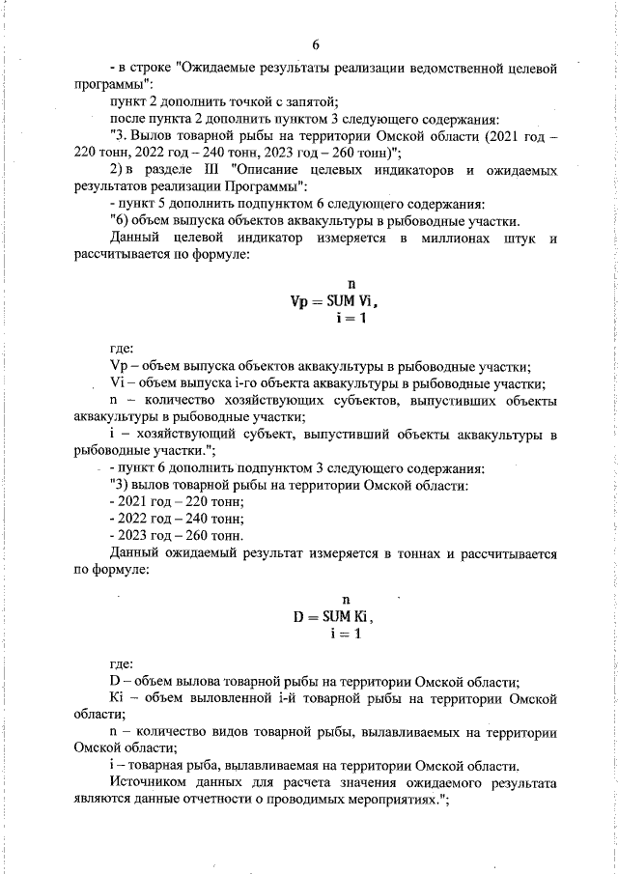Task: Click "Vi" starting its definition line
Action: coord(119,383)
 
